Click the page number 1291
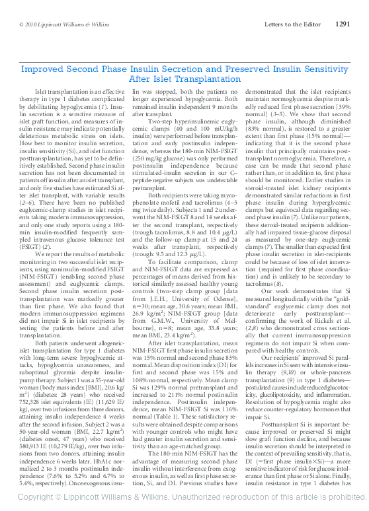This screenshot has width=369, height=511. point(343,24)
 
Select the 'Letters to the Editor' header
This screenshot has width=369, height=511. point(292,24)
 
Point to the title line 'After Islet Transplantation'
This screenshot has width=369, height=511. point(185,79)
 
